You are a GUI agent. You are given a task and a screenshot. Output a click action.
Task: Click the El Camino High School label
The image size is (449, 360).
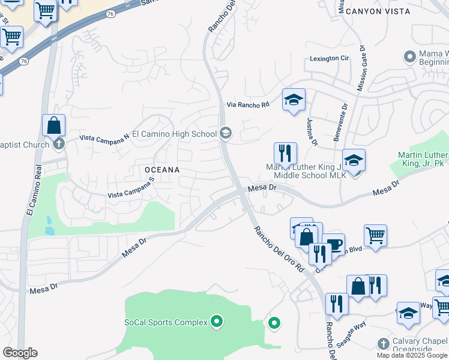click(x=174, y=134)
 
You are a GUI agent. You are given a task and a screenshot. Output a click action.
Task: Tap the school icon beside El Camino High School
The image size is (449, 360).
click(x=225, y=133)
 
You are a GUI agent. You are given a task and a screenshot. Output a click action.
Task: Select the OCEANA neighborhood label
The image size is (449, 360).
click(x=162, y=170)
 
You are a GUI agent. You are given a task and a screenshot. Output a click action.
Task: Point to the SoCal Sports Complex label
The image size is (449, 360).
click(x=166, y=322)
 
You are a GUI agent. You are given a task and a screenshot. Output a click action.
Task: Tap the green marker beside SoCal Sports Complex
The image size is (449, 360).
click(x=217, y=322)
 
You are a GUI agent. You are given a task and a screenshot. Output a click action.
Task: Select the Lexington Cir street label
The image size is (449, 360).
click(x=329, y=59)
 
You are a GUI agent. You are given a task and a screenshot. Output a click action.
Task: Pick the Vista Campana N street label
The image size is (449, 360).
click(x=106, y=138)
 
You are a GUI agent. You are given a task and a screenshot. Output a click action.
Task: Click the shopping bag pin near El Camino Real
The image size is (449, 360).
click(x=54, y=125)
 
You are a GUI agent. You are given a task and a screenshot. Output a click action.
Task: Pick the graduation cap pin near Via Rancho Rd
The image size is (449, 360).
click(x=294, y=100)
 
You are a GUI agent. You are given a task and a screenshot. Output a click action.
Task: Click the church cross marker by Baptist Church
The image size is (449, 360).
click(x=58, y=143)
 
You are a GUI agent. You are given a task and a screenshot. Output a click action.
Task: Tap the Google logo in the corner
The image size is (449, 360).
click(x=19, y=353)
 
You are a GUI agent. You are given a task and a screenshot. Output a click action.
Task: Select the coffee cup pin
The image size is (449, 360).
click(x=334, y=245)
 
